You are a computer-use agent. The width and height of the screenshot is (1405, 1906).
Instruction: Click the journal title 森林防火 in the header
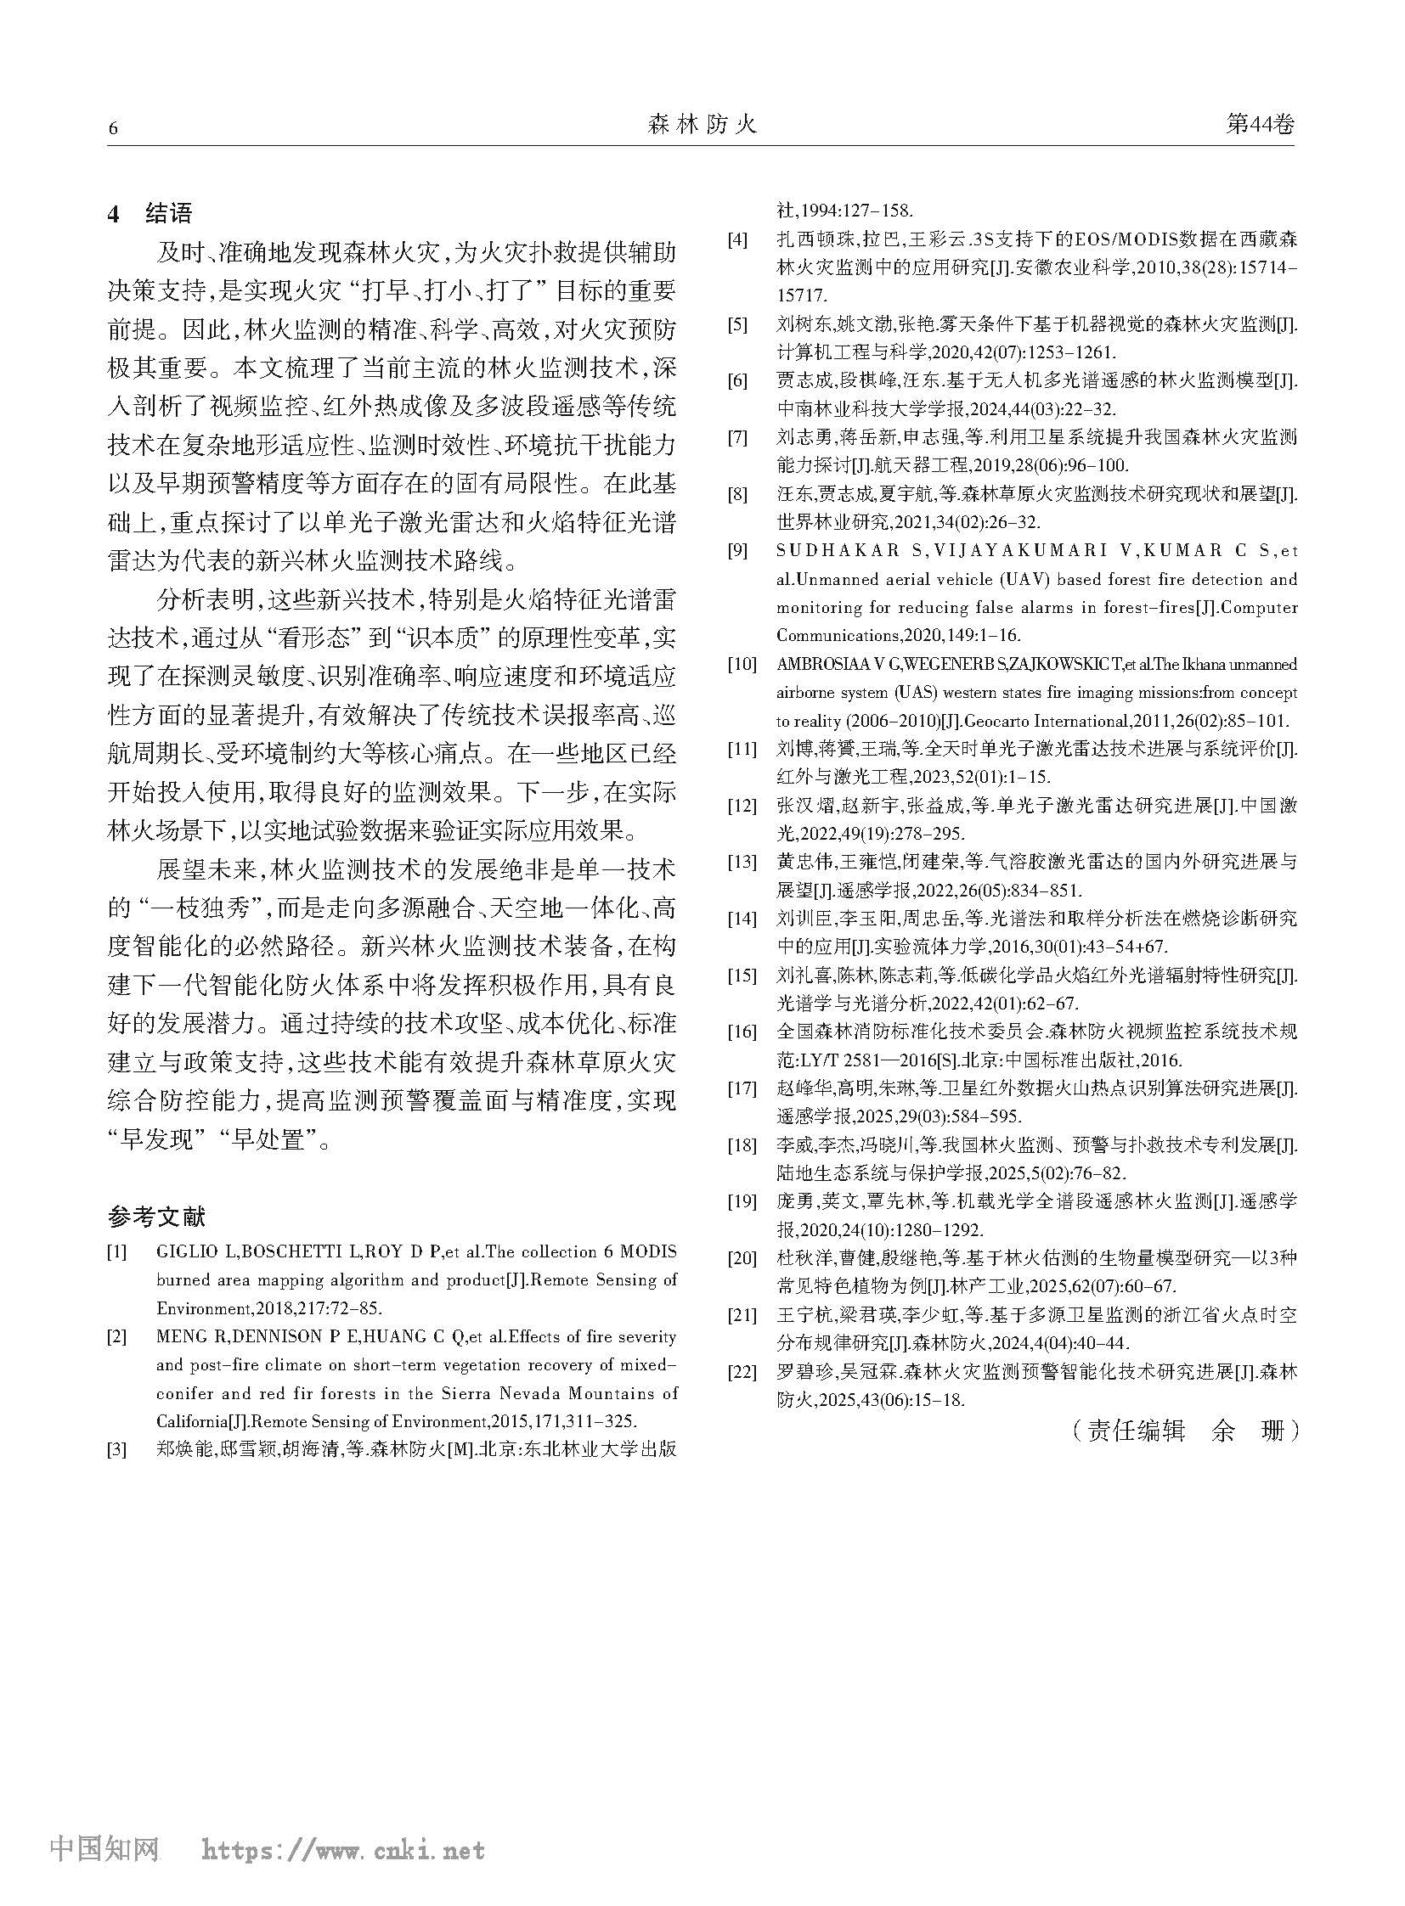coord(702,126)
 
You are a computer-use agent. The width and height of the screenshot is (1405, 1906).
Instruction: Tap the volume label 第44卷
coord(1260,125)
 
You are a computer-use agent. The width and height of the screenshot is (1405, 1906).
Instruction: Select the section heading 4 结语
coord(150,213)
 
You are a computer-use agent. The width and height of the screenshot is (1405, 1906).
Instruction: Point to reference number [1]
coord(117,1252)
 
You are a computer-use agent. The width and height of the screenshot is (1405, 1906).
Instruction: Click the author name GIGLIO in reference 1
coord(183,1252)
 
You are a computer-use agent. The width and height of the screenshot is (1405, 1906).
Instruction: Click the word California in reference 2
coord(194,1420)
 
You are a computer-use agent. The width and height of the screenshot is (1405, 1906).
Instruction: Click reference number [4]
coord(736,239)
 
